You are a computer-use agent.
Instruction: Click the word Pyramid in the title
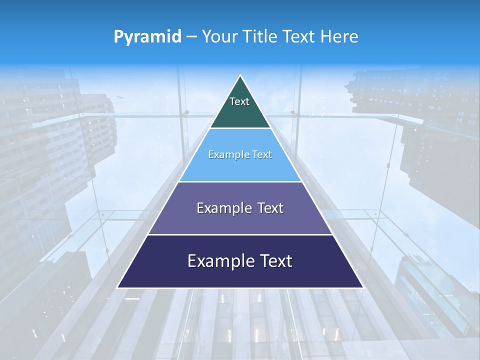tap(147, 37)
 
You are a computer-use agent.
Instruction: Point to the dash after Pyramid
tap(191, 37)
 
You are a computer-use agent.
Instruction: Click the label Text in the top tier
tap(239, 101)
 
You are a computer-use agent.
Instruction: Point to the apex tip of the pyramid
tap(240, 76)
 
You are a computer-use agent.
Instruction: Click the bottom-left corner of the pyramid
tap(118, 287)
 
